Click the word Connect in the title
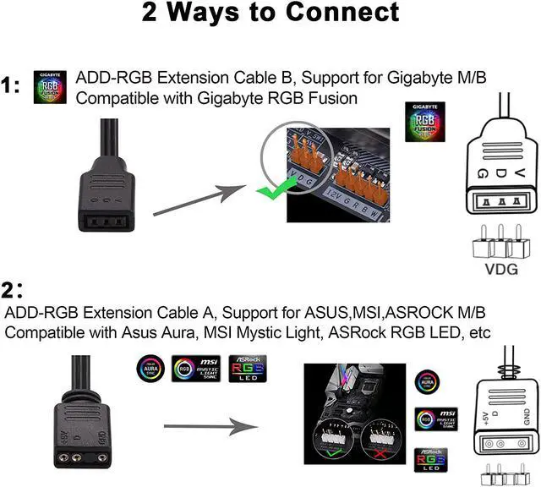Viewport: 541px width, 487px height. point(337,14)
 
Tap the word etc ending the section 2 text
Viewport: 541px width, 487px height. point(478,333)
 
